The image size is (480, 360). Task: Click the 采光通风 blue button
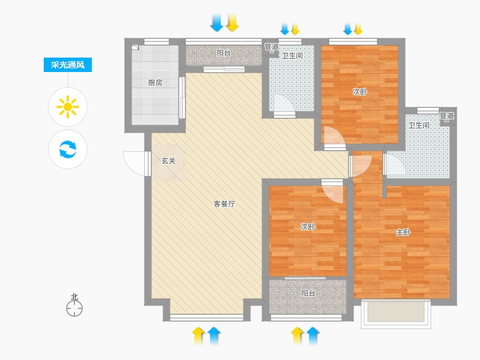[68, 65]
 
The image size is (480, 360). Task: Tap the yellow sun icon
[68, 107]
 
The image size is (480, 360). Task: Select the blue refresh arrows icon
[68, 149]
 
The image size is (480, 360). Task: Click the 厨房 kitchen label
[155, 83]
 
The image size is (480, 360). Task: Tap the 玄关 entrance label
[169, 161]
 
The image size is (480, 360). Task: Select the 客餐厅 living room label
[224, 204]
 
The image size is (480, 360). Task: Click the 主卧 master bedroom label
[403, 232]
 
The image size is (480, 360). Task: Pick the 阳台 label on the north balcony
[224, 53]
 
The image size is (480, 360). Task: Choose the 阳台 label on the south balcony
[308, 293]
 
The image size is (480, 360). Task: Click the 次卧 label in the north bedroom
[359, 92]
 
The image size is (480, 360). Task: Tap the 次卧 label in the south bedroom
[308, 227]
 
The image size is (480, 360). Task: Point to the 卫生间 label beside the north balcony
[292, 56]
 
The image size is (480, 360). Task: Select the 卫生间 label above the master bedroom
[419, 125]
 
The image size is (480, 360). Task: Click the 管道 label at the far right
[447, 116]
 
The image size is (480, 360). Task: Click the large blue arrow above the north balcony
[217, 23]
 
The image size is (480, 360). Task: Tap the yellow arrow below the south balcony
[297, 336]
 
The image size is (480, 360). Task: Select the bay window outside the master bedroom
[396, 314]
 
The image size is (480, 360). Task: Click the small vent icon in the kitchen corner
[135, 47]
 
